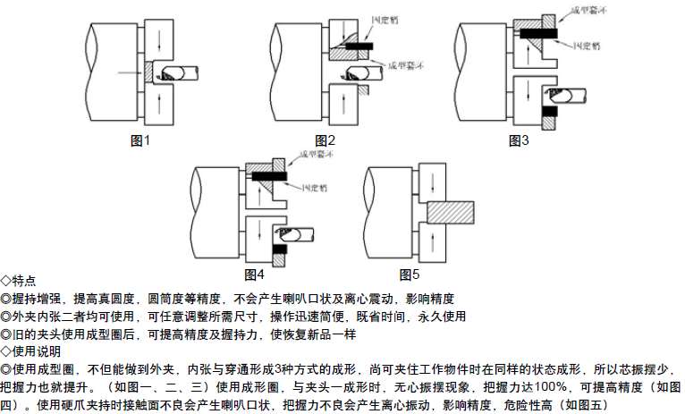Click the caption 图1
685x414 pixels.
[141, 140]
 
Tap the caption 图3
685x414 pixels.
[519, 140]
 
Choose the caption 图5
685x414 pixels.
[410, 273]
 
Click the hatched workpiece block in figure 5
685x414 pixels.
[450, 212]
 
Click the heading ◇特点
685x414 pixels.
[19, 281]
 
